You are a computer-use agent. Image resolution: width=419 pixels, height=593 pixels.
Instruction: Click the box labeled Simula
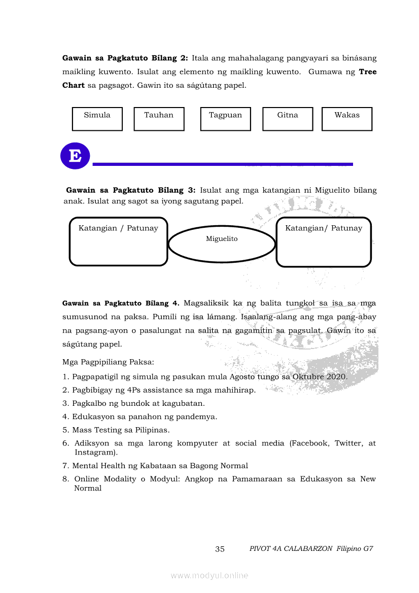[97, 119]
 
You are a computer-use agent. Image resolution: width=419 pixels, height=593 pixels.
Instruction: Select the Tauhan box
[159, 119]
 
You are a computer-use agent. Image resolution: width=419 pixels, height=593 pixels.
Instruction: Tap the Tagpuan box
[225, 119]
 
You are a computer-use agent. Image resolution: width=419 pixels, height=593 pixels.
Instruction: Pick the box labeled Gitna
[288, 119]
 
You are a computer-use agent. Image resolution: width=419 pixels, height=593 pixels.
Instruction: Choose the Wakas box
[347, 119]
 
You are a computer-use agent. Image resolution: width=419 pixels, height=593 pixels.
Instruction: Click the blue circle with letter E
[75, 156]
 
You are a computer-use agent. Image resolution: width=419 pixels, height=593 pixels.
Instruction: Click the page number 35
[220, 549]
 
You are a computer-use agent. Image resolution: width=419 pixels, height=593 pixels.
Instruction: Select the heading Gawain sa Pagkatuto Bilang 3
[130, 190]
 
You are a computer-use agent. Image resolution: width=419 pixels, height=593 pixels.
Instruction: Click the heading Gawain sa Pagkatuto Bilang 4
[121, 303]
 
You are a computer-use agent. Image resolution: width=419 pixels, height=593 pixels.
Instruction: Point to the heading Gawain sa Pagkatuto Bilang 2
[125, 58]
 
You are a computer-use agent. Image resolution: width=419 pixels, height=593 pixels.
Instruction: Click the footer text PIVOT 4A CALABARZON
[291, 549]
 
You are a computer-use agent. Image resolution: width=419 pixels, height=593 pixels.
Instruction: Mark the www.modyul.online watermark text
[209, 575]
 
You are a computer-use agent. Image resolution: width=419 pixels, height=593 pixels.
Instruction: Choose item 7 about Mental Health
[160, 466]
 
